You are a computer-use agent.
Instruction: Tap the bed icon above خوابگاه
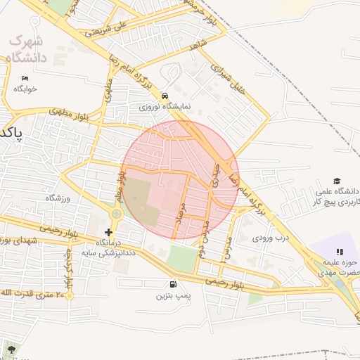point(25,78)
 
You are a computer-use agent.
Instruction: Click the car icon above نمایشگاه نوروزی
point(164,96)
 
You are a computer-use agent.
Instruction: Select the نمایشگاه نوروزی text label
point(164,107)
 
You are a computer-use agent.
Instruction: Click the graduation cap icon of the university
point(336,181)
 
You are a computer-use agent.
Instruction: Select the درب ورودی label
point(272,238)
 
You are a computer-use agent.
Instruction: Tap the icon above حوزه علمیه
point(339,252)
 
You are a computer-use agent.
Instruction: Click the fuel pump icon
point(173,285)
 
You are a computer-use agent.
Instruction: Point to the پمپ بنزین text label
point(173,297)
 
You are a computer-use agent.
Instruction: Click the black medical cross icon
point(108,232)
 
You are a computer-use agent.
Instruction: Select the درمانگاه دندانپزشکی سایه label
point(107,247)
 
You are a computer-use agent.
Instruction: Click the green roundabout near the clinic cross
point(116,213)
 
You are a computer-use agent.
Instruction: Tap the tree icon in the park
point(11,348)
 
